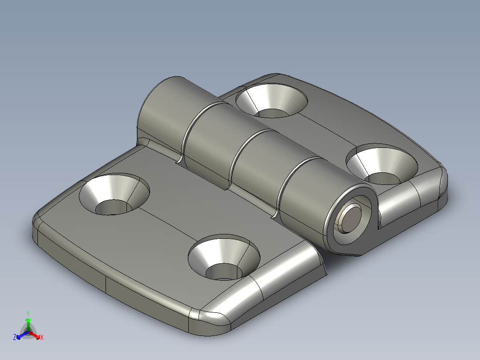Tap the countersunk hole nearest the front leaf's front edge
coord(224,258)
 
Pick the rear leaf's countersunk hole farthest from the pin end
coord(272,100)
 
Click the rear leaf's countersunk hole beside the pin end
coord(382,164)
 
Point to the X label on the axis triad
coord(42,338)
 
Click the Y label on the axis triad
coord(28,313)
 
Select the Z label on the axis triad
coord(15,338)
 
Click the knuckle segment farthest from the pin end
coord(165,111)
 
